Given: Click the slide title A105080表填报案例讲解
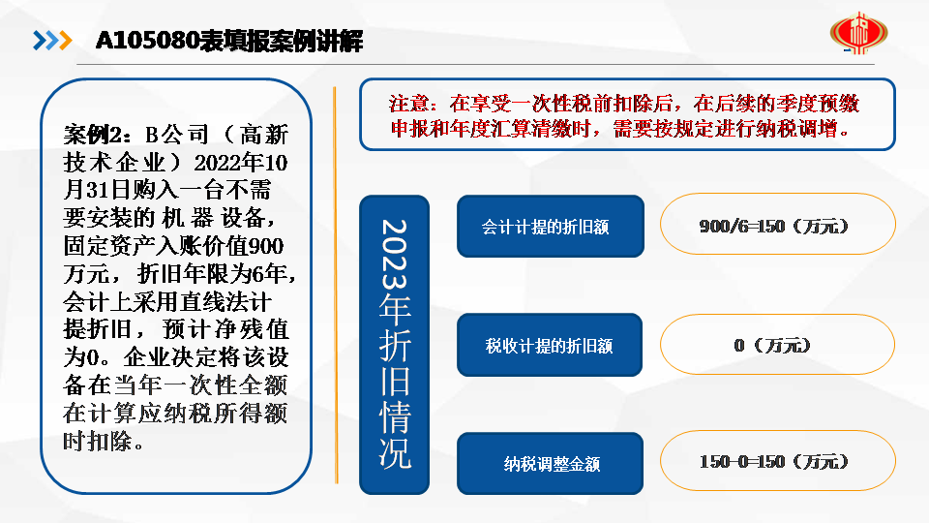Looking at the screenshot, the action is tap(228, 41).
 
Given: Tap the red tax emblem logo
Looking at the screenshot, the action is tap(858, 33).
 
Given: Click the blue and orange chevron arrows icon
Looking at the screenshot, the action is tap(52, 41).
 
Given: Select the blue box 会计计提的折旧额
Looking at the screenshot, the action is tap(551, 226).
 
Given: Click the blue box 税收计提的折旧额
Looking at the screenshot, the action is tap(550, 345).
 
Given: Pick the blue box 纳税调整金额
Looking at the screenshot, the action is tap(550, 463).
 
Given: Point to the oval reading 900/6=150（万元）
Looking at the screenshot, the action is tap(777, 224).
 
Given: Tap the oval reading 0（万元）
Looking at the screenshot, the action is tap(777, 345).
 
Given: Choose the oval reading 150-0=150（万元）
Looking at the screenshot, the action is tap(777, 461).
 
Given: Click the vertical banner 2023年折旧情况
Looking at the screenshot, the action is tap(394, 345).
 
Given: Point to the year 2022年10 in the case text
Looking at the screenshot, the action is tap(241, 162).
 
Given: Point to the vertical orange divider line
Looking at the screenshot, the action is tap(336, 285).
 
